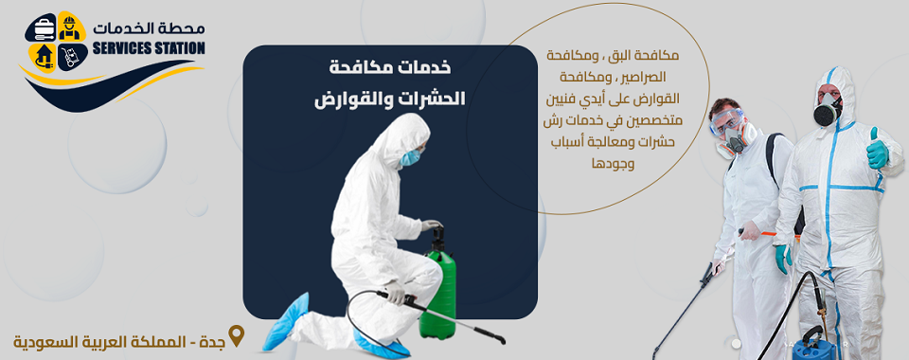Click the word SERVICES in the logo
[128, 47]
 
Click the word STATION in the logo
[181, 47]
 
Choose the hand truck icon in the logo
[68, 58]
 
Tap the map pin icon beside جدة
[237, 336]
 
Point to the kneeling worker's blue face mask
[409, 158]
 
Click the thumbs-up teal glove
[877, 151]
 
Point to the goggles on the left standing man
[729, 120]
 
